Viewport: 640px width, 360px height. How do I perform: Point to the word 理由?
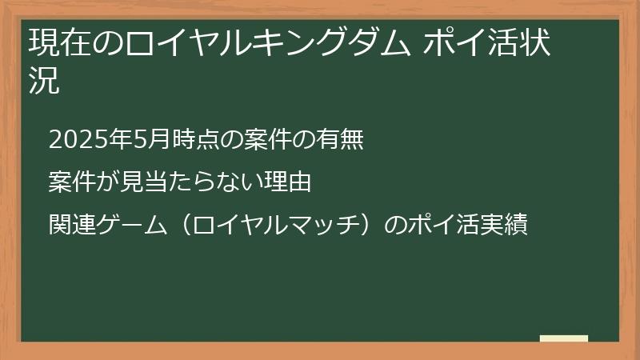pyautogui.click(x=290, y=182)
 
